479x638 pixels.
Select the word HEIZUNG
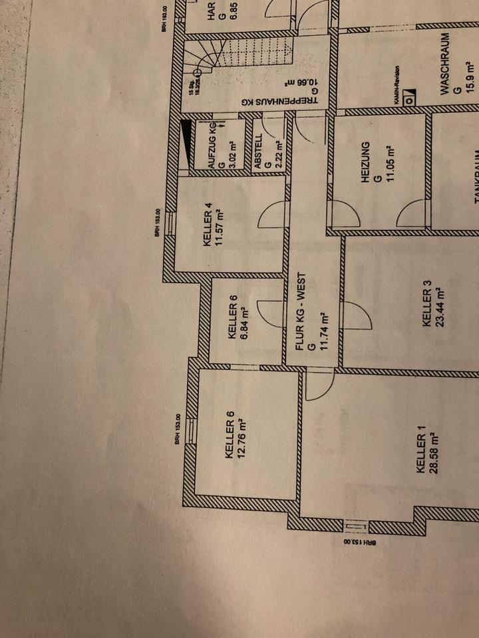coord(364,161)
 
